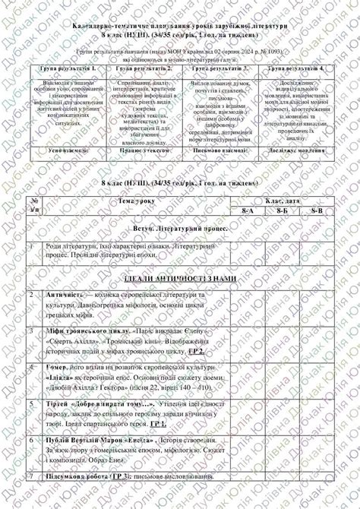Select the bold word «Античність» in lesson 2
(x=63, y=294)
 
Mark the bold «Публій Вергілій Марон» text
(x=89, y=440)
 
